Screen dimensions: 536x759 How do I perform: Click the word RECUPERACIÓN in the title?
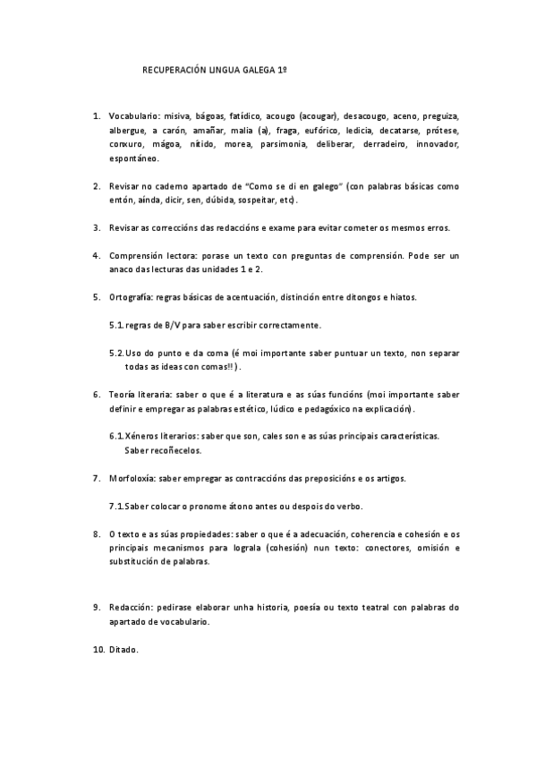(174, 68)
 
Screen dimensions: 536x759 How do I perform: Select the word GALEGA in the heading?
(262, 68)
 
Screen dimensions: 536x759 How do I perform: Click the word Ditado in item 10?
(123, 649)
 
